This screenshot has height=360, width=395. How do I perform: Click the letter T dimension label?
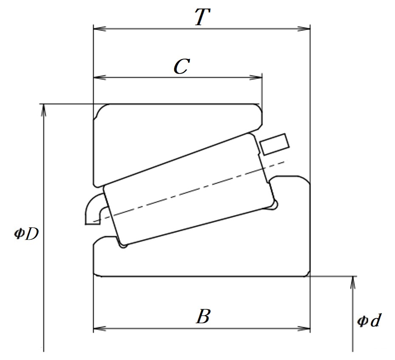[x=203, y=17]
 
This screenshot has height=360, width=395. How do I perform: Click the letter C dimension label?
[x=182, y=67]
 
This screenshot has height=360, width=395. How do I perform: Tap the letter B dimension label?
[x=203, y=316]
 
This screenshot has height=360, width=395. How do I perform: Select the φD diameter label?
[x=26, y=234]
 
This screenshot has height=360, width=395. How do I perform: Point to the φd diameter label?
[x=369, y=320]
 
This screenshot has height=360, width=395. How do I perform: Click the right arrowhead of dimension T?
[x=304, y=28]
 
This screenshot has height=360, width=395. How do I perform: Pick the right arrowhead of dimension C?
[x=256, y=77]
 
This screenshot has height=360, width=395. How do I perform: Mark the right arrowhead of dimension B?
[x=304, y=329]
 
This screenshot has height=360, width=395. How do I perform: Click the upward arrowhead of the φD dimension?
[x=44, y=110]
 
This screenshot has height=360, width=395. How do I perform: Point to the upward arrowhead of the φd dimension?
[x=353, y=282]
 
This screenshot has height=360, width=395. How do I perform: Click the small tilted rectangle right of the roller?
[x=274, y=144]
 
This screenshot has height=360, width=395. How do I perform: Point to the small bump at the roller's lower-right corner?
[x=274, y=205]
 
